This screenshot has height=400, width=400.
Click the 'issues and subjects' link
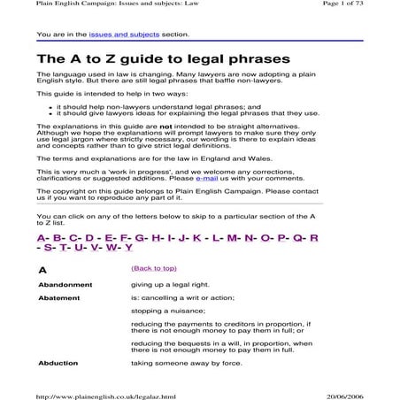pyautogui.click(x=114, y=35)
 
